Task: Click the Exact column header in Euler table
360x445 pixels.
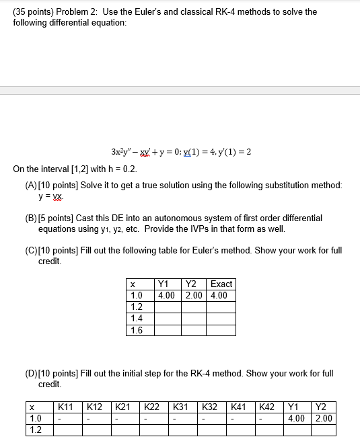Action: (221, 284)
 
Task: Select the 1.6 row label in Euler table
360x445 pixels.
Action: (137, 329)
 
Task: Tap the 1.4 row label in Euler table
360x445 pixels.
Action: (137, 318)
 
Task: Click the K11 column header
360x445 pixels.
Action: (66, 407)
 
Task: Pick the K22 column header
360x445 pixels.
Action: (153, 407)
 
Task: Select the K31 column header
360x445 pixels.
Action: (181, 407)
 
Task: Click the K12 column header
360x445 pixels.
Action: (95, 407)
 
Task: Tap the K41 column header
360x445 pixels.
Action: (240, 407)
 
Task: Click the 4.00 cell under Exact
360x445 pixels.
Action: (219, 295)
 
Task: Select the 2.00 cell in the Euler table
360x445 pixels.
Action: (194, 295)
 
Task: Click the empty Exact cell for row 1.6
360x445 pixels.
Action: (221, 329)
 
